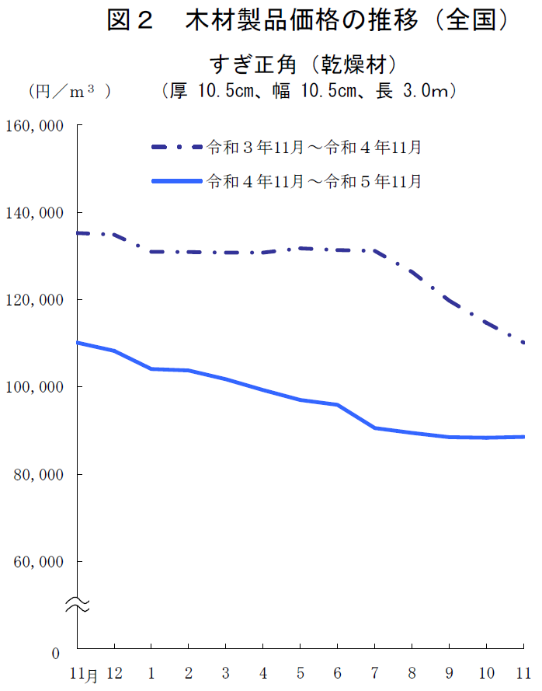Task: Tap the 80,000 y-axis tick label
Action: [36, 474]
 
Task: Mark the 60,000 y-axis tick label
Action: [36, 561]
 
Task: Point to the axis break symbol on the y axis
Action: [77, 603]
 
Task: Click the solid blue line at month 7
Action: [374, 428]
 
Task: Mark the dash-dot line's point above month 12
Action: [114, 235]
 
